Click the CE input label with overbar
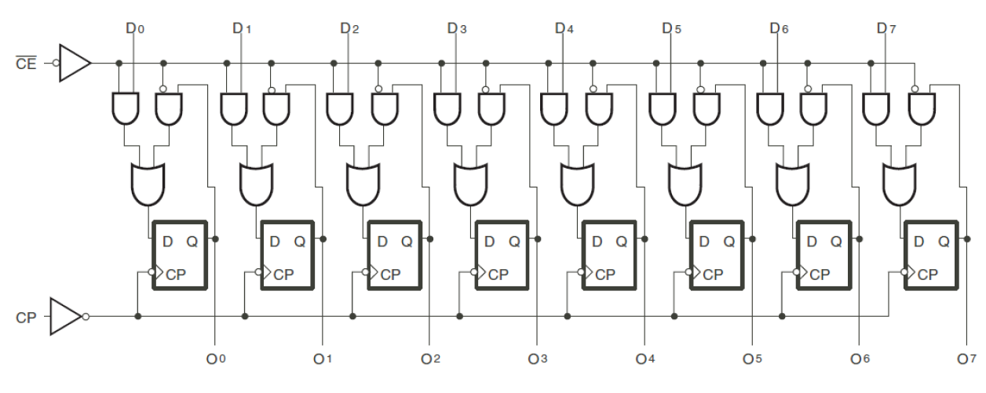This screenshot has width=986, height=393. (26, 64)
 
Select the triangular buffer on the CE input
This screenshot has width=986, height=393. (75, 63)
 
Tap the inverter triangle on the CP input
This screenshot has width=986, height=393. (66, 316)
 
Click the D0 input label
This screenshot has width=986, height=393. (134, 29)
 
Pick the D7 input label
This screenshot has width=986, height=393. (885, 29)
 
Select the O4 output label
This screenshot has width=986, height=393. (645, 359)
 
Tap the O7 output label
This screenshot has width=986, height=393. (966, 359)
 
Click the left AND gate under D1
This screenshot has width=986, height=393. (234, 109)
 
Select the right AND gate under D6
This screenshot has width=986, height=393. (813, 109)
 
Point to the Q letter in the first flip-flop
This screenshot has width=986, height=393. (192, 242)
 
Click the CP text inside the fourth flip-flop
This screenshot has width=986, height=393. (498, 275)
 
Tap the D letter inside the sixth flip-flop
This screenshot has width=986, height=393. (704, 242)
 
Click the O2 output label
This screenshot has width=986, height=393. (430, 359)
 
